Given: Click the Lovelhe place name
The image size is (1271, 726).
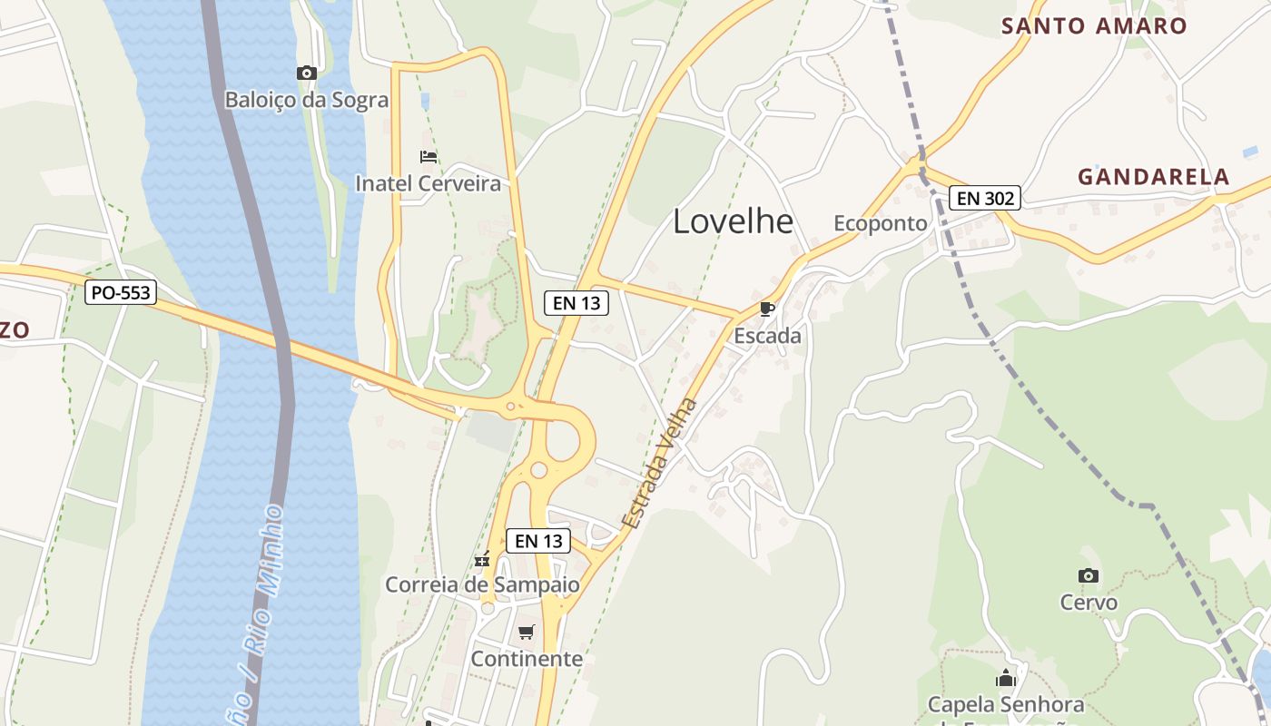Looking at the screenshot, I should point(733,222).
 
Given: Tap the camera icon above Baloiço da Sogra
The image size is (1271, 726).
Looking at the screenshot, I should point(307,73).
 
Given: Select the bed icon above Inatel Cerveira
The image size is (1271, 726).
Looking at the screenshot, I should point(429,157).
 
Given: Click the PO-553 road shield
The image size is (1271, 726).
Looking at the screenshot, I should point(121,293).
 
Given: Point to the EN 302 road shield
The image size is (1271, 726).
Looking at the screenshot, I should point(985,198).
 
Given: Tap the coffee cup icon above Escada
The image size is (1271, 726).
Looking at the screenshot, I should point(767,309).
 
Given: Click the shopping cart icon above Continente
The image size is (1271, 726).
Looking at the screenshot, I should point(527,632).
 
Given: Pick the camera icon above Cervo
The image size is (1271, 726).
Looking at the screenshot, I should point(1089,575).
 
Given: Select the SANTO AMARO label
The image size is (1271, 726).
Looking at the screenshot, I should point(1094,26).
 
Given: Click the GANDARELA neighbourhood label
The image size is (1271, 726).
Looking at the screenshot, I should point(1153,177).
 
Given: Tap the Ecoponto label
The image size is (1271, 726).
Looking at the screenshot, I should point(881,224).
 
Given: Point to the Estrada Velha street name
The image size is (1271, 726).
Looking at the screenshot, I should point(660,464).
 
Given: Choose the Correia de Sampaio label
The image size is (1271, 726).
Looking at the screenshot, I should point(482,584).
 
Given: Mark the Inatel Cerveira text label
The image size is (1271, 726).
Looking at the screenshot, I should point(428,184).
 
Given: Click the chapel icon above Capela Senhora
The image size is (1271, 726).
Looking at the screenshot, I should point(1005,678).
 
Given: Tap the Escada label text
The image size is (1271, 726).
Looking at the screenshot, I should point(767,336).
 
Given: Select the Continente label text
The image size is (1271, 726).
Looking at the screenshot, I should point(527,659).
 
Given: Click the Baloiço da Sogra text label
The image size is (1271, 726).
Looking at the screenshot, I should point(307,100).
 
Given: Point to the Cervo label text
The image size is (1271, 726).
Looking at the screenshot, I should point(1089,603).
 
